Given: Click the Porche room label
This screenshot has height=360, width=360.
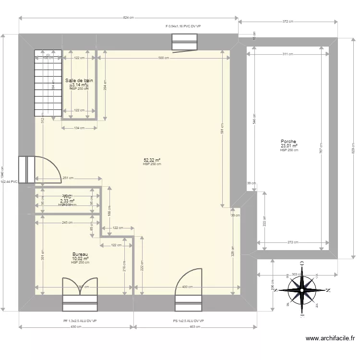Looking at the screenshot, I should (x=289, y=142).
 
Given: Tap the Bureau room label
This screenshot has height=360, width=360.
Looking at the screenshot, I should (x=80, y=254).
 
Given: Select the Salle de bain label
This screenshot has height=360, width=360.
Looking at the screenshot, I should (x=79, y=81).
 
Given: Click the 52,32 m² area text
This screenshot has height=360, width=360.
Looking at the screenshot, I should (x=152, y=160).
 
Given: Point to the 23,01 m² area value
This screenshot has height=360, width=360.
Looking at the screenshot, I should (x=289, y=146).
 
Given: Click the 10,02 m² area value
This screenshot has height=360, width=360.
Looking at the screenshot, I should (x=80, y=258).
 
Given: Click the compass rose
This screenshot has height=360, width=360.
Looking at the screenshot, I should (x=302, y=289).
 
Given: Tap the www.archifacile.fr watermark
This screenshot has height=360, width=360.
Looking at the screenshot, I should (x=331, y=338).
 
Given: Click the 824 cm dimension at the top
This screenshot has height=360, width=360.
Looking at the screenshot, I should (x=128, y=18).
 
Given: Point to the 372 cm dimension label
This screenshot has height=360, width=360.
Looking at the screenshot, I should (x=288, y=22).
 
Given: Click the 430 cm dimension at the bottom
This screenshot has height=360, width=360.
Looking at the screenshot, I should (x=76, y=327).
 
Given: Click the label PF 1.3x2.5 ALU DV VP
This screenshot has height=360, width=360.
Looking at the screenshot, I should (x=80, y=321).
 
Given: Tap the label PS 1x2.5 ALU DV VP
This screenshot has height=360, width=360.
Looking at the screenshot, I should (x=189, y=321).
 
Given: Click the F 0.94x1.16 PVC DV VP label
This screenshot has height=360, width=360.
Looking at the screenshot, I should (x=182, y=27).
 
